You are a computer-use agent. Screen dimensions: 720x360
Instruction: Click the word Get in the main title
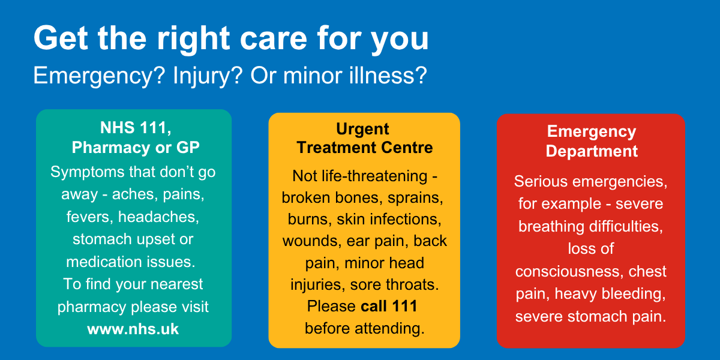[x=61, y=38]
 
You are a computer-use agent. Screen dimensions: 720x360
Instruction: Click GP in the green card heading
[x=188, y=148]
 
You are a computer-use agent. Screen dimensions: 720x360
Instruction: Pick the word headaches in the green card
[x=158, y=217]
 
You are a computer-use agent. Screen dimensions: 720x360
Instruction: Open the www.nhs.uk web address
[x=133, y=329]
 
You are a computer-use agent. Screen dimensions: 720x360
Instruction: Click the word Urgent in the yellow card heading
[x=362, y=129]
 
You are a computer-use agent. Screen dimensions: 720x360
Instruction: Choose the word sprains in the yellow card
[x=415, y=197]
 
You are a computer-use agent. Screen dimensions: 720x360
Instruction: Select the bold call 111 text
[x=389, y=305]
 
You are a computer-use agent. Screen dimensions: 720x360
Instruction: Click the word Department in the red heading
[x=592, y=151]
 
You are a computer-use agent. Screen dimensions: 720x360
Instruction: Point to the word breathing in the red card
[x=551, y=227]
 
